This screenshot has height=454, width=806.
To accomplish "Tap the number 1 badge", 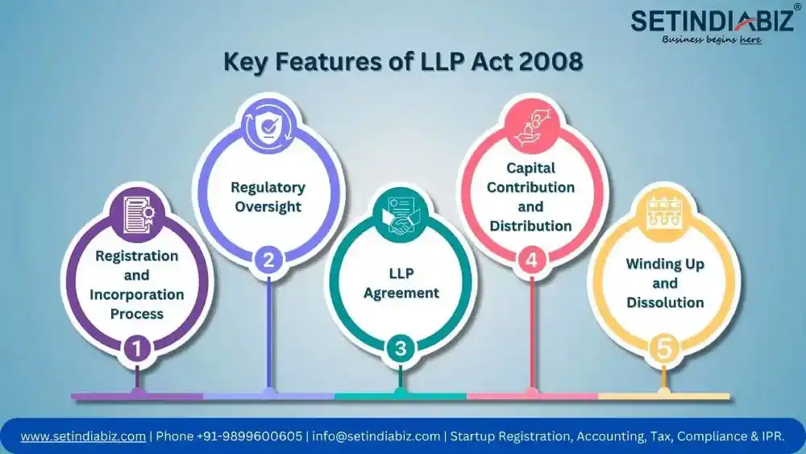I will click(x=137, y=348).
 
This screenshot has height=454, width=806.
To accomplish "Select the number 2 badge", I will click(x=268, y=260).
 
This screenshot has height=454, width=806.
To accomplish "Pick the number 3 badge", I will click(x=400, y=348).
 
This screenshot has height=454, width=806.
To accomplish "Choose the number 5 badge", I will click(x=663, y=348).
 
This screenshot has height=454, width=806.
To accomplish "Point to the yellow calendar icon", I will click(x=663, y=214).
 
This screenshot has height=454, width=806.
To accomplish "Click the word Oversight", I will click(x=268, y=206).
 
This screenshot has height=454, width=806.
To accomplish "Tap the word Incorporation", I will click(x=137, y=294).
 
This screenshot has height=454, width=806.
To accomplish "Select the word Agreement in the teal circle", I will click(x=400, y=293).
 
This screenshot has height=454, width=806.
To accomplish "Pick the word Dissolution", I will click(x=665, y=302).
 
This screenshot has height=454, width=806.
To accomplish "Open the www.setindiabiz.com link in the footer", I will click(x=84, y=435).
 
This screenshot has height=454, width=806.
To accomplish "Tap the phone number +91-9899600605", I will click(x=251, y=435).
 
